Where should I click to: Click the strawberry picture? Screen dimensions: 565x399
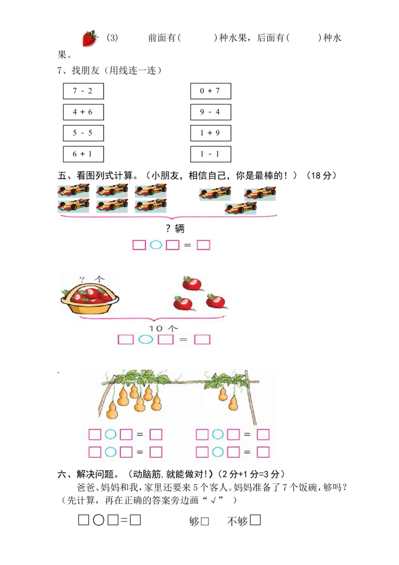[x=90, y=38]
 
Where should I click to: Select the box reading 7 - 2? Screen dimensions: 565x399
[x=83, y=91]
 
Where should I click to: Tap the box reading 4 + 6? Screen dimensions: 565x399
[x=83, y=112]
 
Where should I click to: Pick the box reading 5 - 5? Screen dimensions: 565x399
[x=83, y=133]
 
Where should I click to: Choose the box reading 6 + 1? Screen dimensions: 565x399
[x=83, y=154]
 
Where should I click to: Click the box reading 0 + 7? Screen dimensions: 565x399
[x=210, y=91]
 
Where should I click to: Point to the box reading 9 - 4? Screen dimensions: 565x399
[x=210, y=112]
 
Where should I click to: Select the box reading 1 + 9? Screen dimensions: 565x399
[x=210, y=133]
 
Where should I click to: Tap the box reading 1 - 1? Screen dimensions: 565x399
[x=210, y=154]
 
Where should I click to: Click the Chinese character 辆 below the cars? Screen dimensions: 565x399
[x=180, y=229]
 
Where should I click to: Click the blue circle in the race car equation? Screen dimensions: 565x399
[x=156, y=245]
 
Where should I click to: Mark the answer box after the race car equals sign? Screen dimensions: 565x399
[x=203, y=245]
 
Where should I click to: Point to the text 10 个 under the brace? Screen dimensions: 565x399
[x=163, y=328]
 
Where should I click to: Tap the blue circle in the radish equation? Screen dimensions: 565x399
[x=145, y=340]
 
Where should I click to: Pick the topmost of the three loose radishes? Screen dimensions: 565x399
[x=192, y=283]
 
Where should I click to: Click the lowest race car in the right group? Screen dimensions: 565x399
[x=241, y=207]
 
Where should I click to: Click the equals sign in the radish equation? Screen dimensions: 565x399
[x=183, y=340]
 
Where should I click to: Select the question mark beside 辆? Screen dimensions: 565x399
[x=169, y=229]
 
